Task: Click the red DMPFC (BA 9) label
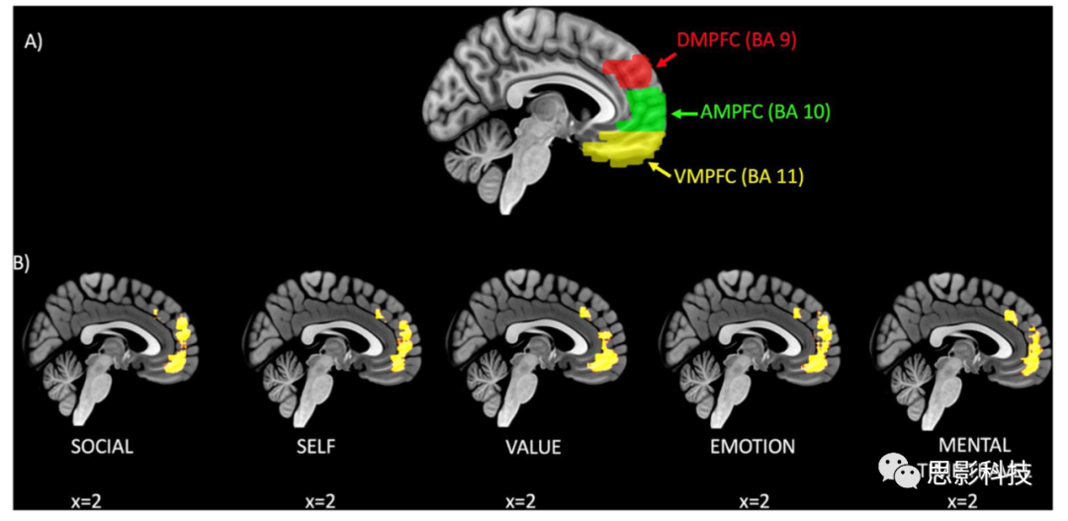click(x=737, y=41)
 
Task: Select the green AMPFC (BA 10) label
click(x=764, y=113)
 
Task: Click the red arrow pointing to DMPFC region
click(x=667, y=61)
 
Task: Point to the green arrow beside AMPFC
click(x=683, y=114)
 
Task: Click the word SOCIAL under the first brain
click(x=102, y=447)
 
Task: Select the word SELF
click(x=313, y=447)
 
